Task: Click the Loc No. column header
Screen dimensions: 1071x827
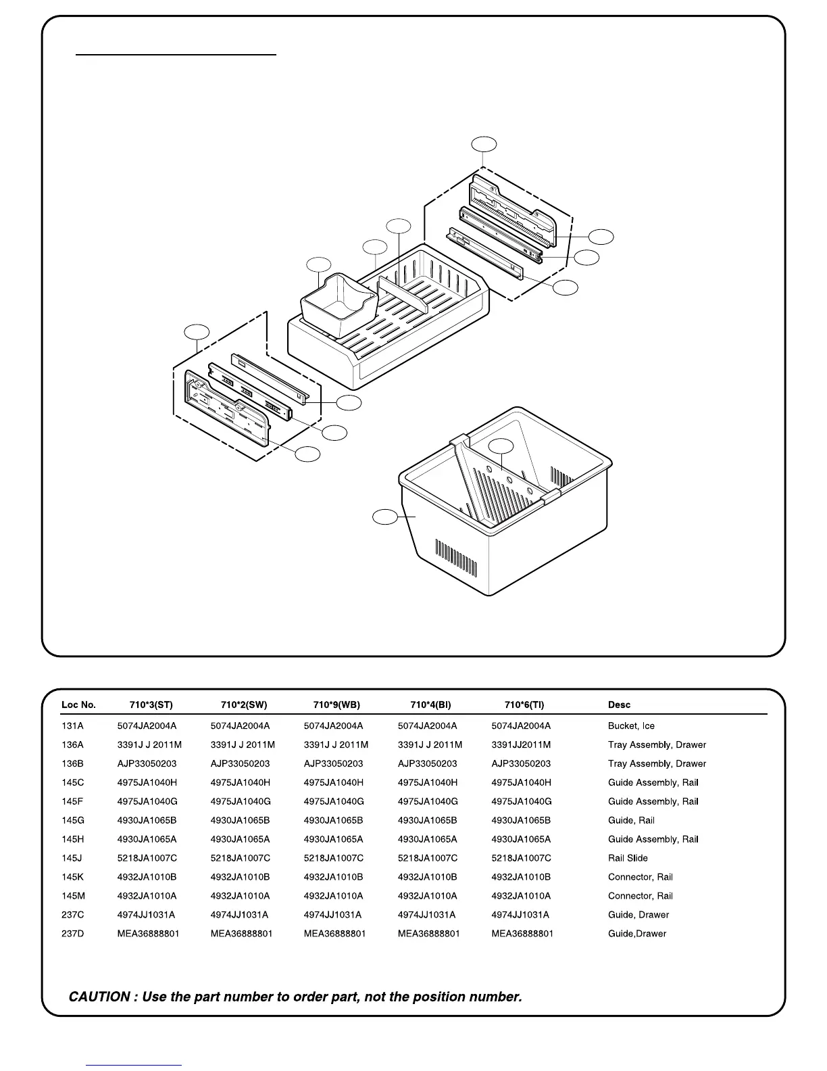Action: click(x=78, y=705)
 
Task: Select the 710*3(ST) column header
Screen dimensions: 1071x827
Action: click(x=151, y=705)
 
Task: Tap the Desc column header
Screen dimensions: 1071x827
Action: click(x=619, y=705)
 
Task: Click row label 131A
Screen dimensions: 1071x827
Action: click(x=73, y=726)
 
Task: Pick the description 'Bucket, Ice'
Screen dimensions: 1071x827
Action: click(x=631, y=726)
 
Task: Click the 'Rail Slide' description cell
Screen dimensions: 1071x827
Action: click(x=628, y=858)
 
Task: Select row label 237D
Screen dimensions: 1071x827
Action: click(x=73, y=934)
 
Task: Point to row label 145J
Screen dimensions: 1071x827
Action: click(x=72, y=858)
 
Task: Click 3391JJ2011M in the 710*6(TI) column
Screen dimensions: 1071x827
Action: click(x=521, y=745)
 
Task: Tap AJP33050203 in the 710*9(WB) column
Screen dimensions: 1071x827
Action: click(x=334, y=764)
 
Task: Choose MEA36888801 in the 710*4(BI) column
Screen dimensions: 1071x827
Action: click(x=428, y=934)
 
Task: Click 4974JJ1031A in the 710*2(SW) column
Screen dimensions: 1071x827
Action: click(x=239, y=915)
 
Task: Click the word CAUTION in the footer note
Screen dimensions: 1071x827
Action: click(x=99, y=997)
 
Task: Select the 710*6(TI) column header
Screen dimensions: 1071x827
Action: click(x=524, y=705)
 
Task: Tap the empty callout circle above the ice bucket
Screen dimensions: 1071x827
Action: click(x=319, y=264)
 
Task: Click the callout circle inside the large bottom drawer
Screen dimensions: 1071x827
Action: click(x=501, y=446)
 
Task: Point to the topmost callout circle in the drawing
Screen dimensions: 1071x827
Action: click(x=484, y=144)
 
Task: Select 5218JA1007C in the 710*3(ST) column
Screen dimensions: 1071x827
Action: click(x=147, y=858)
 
